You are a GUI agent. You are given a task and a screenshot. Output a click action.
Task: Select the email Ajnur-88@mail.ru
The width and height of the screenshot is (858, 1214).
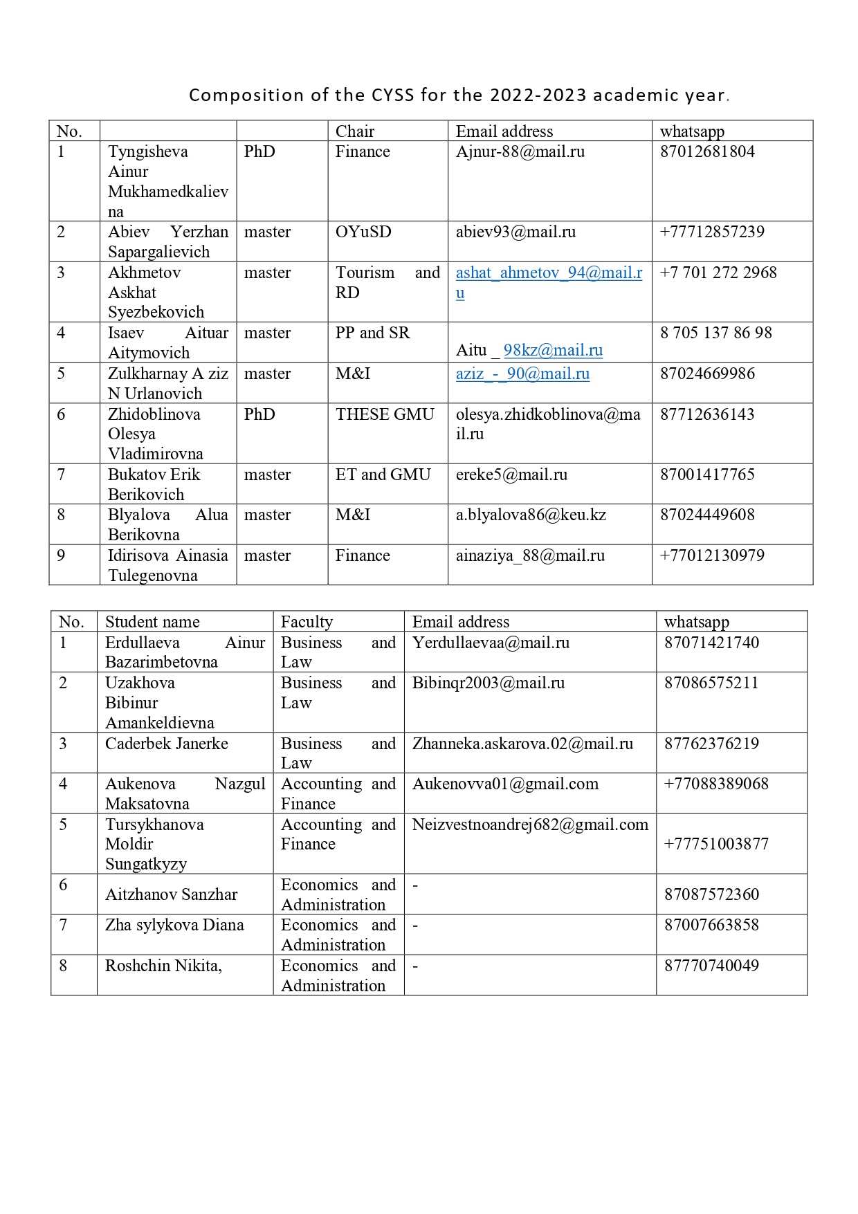tap(520, 151)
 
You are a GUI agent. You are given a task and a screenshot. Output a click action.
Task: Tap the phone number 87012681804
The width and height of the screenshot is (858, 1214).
tap(707, 151)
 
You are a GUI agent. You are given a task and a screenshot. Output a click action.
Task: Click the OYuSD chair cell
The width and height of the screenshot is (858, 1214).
tap(363, 232)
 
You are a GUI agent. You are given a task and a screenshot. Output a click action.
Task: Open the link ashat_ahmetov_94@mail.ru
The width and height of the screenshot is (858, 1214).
tap(549, 273)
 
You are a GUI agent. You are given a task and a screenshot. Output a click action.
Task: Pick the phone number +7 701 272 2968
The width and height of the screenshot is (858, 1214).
tap(718, 273)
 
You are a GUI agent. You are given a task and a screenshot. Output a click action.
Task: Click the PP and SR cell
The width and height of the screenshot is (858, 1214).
tap(372, 333)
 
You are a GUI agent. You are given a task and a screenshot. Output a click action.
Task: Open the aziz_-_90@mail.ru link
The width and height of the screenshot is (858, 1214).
tap(522, 374)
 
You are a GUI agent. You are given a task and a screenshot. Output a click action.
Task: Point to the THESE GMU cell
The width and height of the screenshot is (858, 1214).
tap(385, 414)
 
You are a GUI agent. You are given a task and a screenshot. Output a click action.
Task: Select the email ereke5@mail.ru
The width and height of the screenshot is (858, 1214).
tap(511, 475)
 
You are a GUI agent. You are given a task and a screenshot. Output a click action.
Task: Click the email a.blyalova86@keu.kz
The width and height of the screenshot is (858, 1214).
tap(531, 515)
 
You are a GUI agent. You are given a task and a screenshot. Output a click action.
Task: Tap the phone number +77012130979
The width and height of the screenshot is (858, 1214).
tap(712, 555)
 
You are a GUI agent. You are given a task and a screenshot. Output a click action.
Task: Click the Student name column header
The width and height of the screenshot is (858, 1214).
tap(152, 622)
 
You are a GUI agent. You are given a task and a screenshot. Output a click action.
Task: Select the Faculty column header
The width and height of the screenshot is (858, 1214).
tap(307, 622)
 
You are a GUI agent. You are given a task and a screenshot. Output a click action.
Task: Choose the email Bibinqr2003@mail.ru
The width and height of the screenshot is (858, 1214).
tap(489, 683)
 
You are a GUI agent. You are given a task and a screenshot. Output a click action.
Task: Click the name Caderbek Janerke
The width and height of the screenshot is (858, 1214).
tap(166, 744)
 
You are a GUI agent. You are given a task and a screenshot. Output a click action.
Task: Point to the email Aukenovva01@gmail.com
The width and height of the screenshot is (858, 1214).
tap(505, 784)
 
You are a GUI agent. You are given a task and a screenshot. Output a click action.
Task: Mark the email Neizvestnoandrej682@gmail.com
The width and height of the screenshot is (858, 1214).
tap(530, 825)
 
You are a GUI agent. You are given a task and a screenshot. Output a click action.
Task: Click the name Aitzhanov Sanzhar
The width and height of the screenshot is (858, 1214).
tap(171, 894)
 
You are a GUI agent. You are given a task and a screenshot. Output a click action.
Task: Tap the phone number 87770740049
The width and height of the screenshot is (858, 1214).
tap(711, 966)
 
